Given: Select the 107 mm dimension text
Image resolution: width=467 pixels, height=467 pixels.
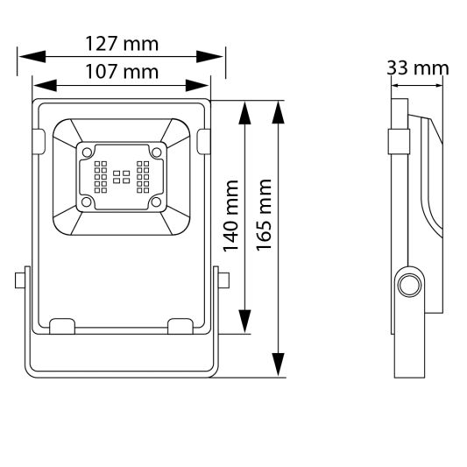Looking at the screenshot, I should click(121, 72).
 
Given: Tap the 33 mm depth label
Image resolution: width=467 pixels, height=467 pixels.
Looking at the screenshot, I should click(417, 68).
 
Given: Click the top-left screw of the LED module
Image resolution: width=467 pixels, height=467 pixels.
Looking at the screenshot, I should click(87, 152).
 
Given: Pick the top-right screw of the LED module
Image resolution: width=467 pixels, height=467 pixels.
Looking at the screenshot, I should click(157, 152).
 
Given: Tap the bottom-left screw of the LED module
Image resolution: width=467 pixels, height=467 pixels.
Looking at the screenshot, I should click(87, 202).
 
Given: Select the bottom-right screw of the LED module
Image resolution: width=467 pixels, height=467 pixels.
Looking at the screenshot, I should click(157, 202).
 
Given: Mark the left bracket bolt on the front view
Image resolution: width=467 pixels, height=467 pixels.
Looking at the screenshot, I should click(19, 281).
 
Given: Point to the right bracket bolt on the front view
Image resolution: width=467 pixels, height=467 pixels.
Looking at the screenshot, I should click(224, 281).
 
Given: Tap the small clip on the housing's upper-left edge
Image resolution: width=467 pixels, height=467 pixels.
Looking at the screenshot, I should click(39, 141).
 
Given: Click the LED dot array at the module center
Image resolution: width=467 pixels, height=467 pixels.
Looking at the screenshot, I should click(121, 177).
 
